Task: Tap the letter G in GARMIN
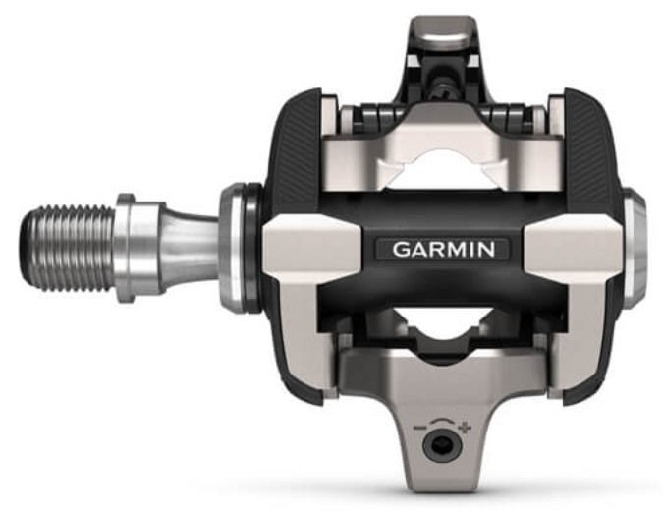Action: click(400, 249)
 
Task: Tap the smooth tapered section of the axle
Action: click(187, 247)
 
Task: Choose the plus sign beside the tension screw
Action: click(465, 429)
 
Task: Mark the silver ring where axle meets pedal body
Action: click(236, 247)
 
